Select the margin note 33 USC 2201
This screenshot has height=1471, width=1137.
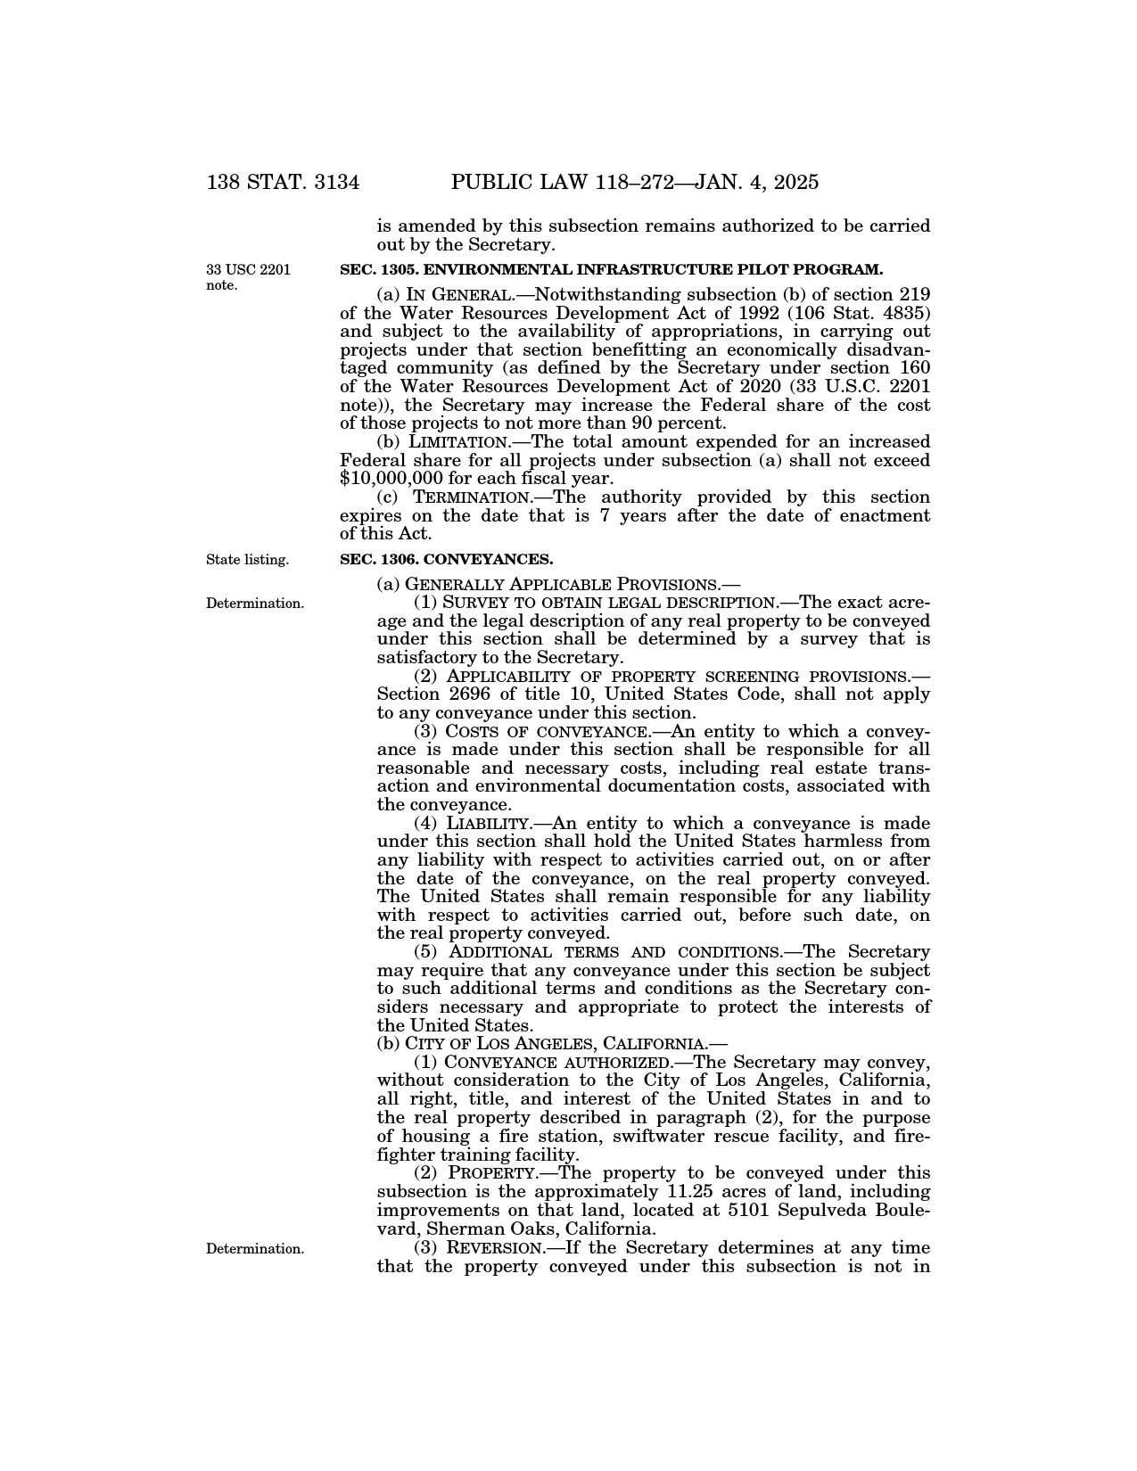point(248,269)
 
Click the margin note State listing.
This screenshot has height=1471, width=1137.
point(247,560)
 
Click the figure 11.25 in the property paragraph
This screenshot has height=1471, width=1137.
point(694,1192)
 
